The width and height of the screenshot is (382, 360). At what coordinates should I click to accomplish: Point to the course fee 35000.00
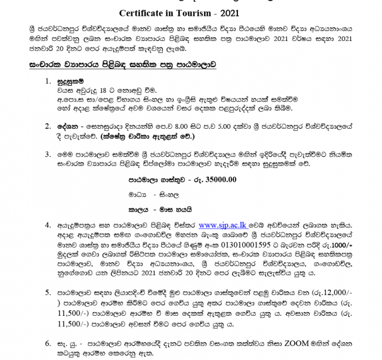(x=220, y=178)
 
